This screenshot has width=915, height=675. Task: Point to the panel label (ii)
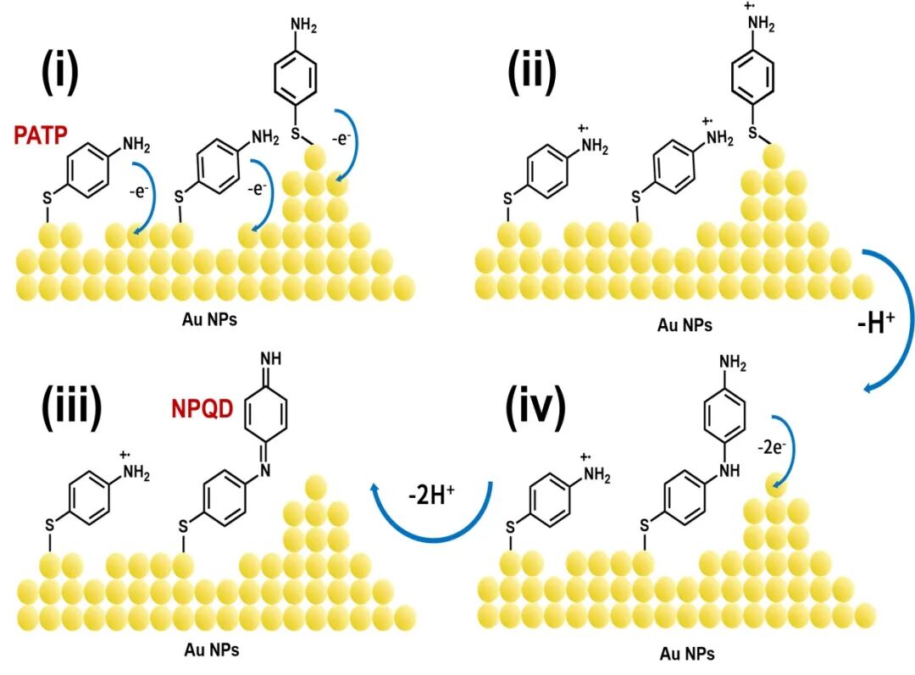[x=532, y=74]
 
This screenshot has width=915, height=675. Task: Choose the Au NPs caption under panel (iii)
[x=212, y=650]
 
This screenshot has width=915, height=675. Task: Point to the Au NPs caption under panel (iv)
[x=686, y=654]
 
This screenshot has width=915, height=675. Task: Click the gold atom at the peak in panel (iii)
[x=315, y=486]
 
